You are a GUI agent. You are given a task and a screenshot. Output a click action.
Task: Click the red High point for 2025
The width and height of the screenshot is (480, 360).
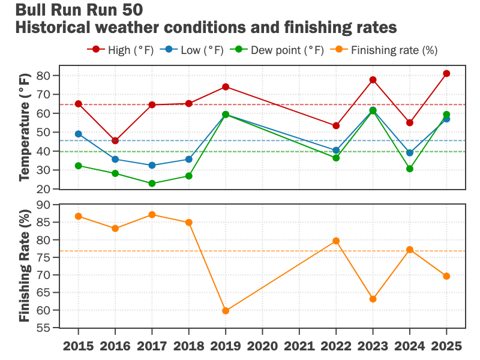(446, 74)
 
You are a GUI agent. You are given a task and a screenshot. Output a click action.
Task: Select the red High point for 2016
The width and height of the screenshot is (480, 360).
(115, 140)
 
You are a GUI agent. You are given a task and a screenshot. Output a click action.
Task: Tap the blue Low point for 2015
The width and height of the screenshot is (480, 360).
(79, 134)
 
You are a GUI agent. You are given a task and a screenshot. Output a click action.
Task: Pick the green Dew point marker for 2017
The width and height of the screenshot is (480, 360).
(152, 184)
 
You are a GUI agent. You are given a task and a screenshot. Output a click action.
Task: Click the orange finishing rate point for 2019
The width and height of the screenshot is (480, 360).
(226, 311)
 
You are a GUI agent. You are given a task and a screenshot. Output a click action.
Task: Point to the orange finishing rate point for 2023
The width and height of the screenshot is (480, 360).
(373, 299)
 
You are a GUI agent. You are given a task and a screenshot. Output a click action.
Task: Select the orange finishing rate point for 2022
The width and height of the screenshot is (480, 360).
(336, 241)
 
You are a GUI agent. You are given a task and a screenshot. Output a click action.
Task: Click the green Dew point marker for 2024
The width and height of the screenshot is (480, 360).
(410, 169)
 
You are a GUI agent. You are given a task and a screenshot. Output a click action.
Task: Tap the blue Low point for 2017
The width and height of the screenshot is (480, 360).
(152, 166)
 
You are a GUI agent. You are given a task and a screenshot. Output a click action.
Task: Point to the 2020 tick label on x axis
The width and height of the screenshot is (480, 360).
(262, 346)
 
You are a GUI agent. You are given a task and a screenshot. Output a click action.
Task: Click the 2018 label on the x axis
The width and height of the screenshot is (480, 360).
(189, 346)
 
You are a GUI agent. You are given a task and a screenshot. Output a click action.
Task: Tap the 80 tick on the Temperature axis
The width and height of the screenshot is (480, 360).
(43, 76)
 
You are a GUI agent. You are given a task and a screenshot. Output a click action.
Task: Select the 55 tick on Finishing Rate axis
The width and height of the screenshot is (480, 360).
(43, 329)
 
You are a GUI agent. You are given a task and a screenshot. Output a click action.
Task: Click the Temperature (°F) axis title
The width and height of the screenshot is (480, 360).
(25, 133)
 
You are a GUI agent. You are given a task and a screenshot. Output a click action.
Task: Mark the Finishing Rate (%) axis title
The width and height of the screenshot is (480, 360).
(25, 266)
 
